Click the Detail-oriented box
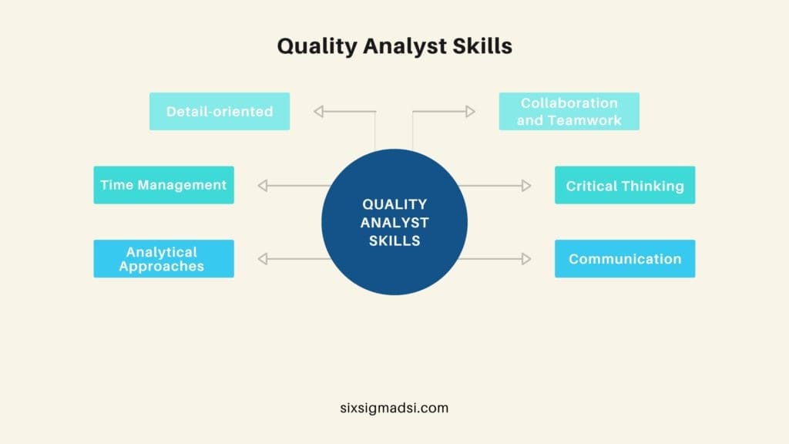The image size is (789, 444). click(x=220, y=111)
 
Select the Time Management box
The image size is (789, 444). click(x=163, y=185)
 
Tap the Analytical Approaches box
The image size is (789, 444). click(x=163, y=259)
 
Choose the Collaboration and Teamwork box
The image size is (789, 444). click(x=569, y=111)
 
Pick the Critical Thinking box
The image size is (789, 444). click(x=625, y=185)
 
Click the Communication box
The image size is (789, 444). click(x=625, y=259)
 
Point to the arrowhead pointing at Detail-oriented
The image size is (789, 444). click(x=319, y=112)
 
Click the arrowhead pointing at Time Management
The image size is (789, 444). click(x=263, y=185)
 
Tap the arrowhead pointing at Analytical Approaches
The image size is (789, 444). click(x=263, y=259)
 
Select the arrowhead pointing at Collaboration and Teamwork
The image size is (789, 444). click(x=469, y=112)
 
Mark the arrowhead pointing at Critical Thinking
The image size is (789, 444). click(x=525, y=185)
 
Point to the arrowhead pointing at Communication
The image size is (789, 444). click(x=525, y=259)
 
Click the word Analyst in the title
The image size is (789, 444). click(x=412, y=46)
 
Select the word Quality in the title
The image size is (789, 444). click(x=315, y=46)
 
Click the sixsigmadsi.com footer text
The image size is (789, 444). click(x=394, y=408)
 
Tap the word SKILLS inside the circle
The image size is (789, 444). click(x=394, y=240)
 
